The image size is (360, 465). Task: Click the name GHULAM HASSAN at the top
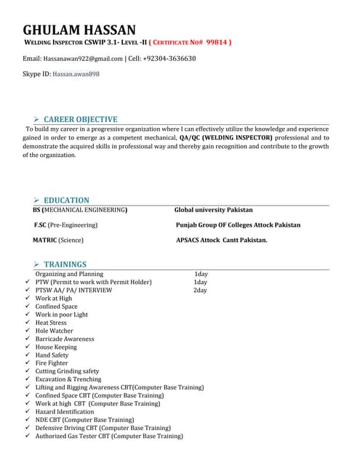coord(79,30)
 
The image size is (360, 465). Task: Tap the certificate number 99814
coord(216,43)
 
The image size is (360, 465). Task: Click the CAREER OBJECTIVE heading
coord(80,119)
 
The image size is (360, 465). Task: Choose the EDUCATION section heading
coord(66,200)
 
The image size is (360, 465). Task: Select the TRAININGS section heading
coord(65,264)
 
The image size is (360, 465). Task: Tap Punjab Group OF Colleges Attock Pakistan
coord(238,225)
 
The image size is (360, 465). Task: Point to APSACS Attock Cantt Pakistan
coord(221,240)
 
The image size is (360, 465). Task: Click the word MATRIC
coord(46,240)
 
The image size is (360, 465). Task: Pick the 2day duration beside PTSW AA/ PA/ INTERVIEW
coord(200,290)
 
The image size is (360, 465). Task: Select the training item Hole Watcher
coord(55,331)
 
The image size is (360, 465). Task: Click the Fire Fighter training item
coord(53,363)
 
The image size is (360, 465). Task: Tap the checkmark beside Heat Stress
coord(27,323)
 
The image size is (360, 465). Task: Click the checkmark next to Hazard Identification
coord(27,412)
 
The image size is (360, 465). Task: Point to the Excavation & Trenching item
coord(68,379)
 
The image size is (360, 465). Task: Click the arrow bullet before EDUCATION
coord(36,201)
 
